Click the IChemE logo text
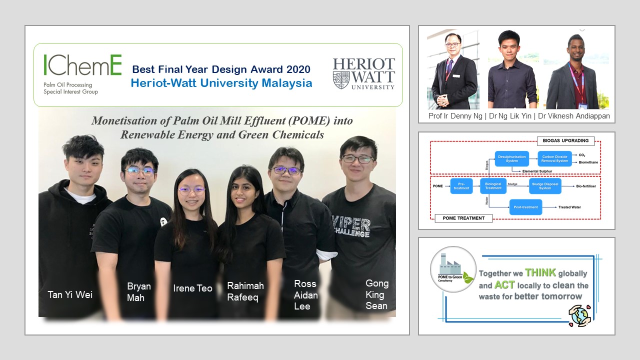[82, 65]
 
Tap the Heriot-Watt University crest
[341, 80]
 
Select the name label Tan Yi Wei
[69, 294]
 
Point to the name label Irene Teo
[192, 288]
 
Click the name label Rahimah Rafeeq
[245, 291]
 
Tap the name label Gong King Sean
[376, 294]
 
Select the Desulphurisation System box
[511, 159]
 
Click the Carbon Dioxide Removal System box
[555, 159]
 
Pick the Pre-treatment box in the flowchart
[461, 186]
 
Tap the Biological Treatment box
[493, 186]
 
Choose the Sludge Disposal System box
[545, 186]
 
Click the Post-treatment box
[525, 207]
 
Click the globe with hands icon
[580, 316]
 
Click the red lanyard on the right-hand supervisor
[580, 80]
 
